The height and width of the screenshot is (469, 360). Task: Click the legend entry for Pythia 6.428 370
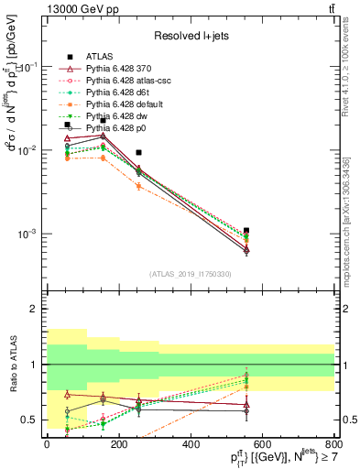coord(109,67)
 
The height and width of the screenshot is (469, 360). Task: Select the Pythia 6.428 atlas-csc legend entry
coord(116,80)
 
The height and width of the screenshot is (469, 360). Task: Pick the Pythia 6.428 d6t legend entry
coord(109,92)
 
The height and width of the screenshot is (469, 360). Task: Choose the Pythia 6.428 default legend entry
coord(114,104)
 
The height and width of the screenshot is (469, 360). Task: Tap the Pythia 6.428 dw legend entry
coord(108,115)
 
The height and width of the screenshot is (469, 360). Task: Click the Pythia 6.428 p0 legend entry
coord(108,127)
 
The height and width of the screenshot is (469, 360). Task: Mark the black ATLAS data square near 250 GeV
coord(138,153)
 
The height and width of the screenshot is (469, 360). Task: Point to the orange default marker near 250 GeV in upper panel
coord(138,186)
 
